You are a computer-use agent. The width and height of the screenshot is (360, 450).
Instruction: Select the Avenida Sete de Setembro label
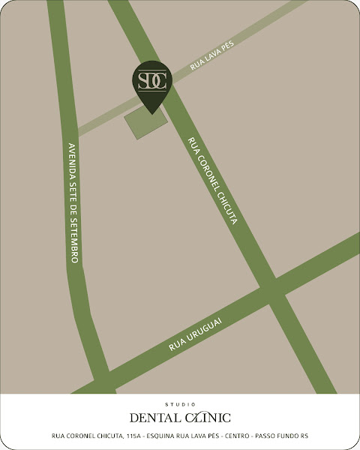[x=74, y=202]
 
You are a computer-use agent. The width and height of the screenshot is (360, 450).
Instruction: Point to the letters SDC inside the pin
[x=152, y=79]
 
